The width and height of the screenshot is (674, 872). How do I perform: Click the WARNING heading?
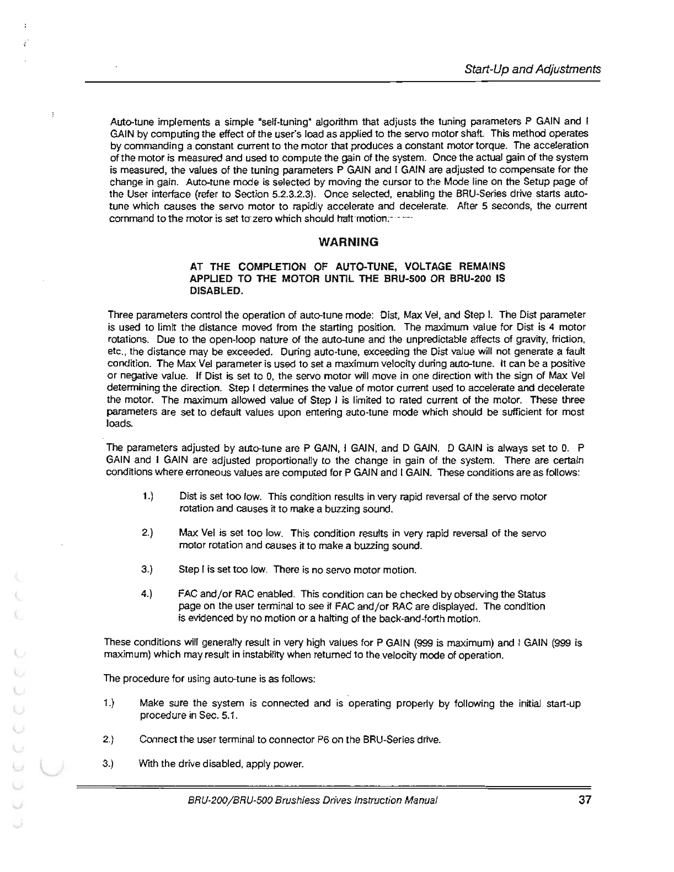(349, 242)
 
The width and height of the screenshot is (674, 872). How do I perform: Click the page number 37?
(585, 800)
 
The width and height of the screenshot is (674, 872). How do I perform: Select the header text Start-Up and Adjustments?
(532, 69)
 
